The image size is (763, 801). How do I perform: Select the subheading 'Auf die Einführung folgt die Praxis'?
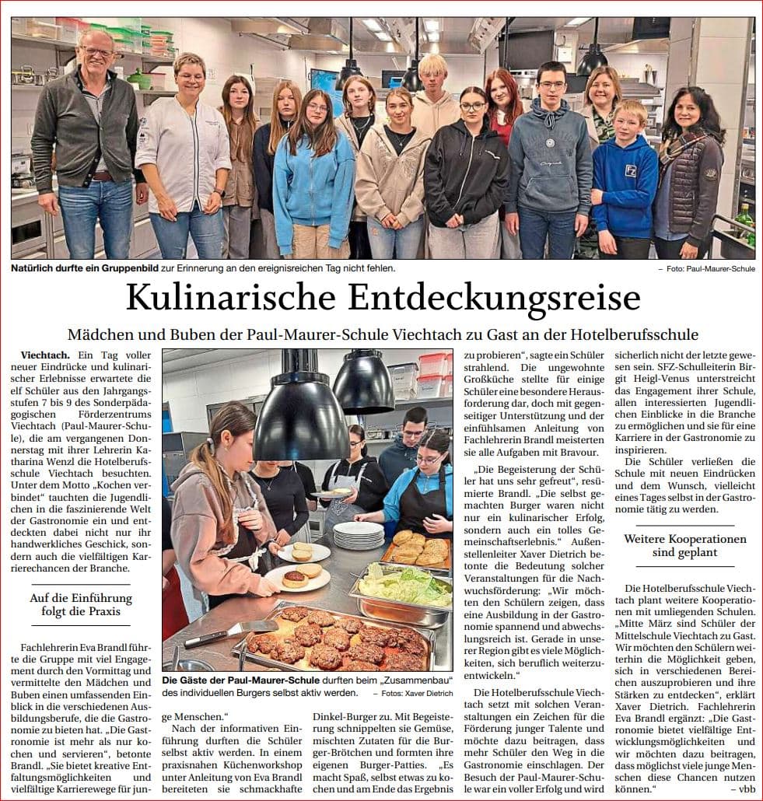[x=81, y=604]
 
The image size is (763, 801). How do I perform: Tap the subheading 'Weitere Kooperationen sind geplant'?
[x=685, y=545]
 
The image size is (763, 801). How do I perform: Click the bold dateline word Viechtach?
[x=45, y=355]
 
